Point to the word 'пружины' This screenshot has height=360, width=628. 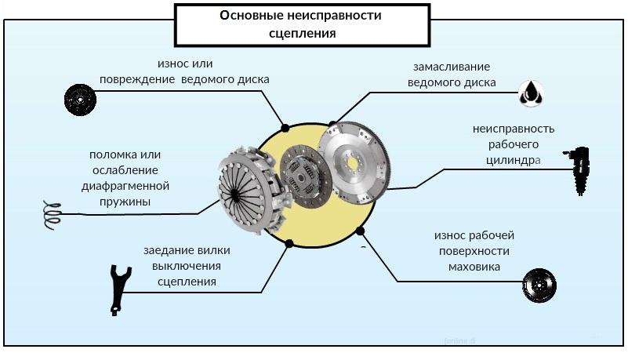click(x=125, y=202)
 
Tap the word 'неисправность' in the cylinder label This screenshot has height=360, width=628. click(x=514, y=129)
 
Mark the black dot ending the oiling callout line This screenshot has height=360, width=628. click(x=333, y=124)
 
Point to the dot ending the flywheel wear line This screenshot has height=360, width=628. click(x=361, y=231)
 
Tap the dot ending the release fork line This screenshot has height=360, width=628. click(x=289, y=243)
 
